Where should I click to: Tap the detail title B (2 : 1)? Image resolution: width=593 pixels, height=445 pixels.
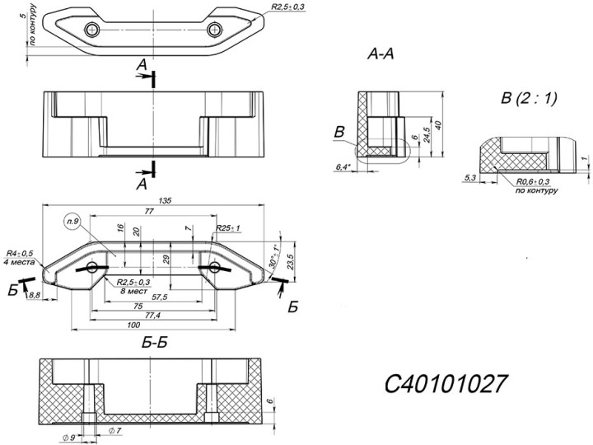pos(529,99)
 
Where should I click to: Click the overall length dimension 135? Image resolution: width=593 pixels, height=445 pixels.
pos(152,200)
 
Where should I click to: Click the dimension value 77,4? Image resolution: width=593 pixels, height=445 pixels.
pos(153,316)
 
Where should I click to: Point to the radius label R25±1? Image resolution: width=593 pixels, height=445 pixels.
pos(228,228)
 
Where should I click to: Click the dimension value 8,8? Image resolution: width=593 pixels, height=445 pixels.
pos(35,295)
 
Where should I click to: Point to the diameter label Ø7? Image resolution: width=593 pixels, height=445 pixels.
pos(114,431)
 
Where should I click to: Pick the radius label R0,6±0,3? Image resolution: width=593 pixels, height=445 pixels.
pos(535,180)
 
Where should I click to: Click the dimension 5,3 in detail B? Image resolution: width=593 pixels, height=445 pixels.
pos(471,177)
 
